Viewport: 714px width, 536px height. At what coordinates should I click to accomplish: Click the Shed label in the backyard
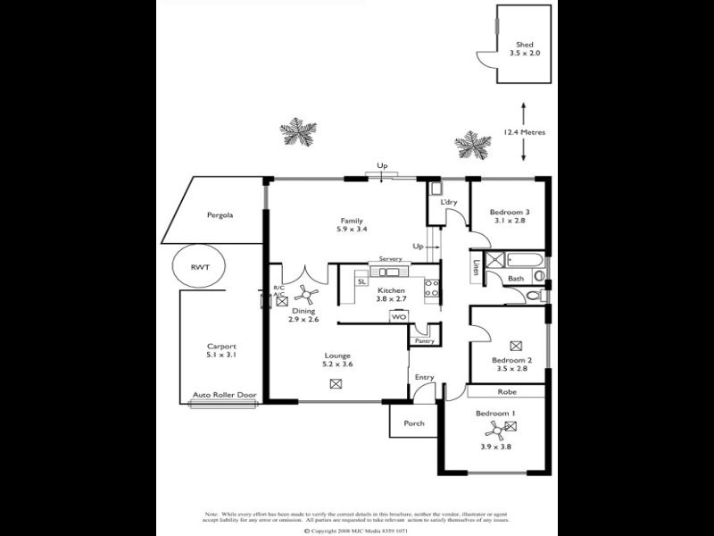525,44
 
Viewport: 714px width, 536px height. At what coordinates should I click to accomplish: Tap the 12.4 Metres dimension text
524,132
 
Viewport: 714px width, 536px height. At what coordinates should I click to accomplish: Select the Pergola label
220,215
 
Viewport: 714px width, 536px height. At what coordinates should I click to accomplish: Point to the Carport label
221,347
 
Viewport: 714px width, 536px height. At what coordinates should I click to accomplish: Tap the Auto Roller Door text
223,394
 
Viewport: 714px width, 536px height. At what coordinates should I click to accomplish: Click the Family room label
350,221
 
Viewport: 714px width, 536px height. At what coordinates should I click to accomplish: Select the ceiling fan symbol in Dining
306,291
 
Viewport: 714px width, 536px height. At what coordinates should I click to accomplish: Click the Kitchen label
391,291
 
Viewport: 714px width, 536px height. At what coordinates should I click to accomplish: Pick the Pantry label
423,340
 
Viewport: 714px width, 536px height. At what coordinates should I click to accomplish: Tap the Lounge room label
336,356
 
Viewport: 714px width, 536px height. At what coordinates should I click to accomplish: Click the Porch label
413,423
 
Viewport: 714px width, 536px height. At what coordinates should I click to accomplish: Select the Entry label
424,377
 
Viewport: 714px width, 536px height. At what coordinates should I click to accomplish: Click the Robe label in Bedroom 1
506,391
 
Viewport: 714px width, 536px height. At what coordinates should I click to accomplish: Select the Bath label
516,279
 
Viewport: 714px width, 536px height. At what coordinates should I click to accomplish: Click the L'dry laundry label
448,202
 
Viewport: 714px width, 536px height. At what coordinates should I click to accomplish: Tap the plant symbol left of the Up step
298,132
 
